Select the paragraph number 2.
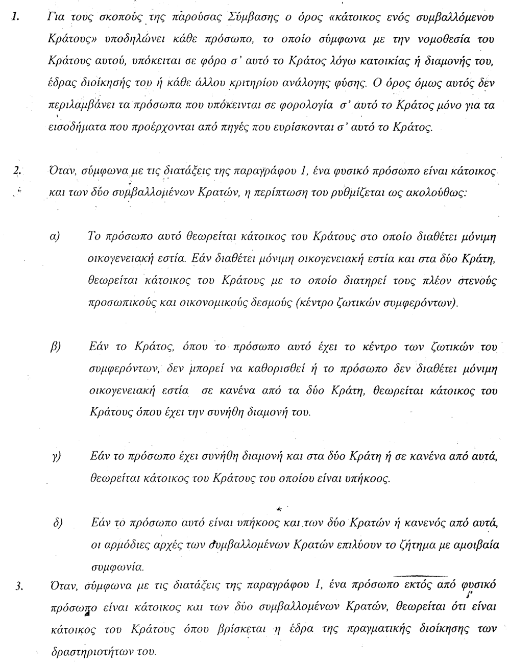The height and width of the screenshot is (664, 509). coord(18,171)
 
